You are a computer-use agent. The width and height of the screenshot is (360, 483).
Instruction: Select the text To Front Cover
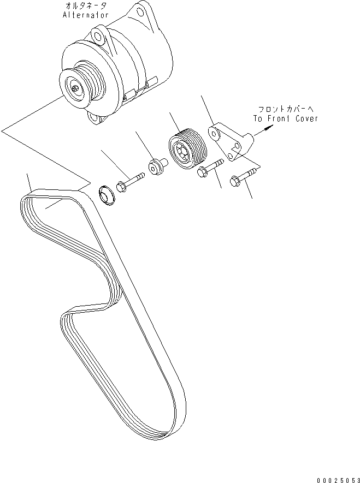(285, 118)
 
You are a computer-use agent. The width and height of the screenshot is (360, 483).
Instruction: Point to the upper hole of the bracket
(214, 130)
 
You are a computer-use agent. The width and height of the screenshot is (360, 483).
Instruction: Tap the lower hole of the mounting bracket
(233, 157)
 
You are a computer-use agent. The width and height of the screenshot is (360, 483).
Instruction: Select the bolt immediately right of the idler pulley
(209, 168)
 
